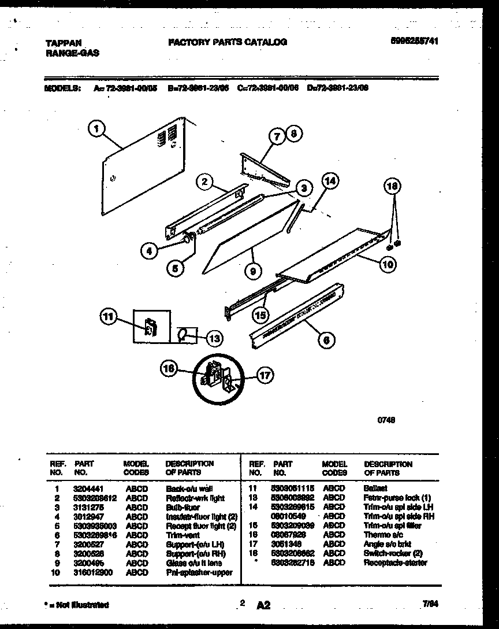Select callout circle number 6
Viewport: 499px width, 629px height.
(326, 341)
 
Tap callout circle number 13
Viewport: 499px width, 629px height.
(214, 338)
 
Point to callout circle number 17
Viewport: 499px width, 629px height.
(264, 376)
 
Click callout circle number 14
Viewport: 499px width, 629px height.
(329, 182)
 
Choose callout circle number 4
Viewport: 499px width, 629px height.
(150, 251)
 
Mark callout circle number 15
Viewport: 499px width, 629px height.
(261, 314)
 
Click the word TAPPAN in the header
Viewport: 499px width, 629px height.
(63, 42)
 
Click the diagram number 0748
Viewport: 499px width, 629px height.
(386, 421)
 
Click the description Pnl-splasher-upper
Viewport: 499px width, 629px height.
(199, 572)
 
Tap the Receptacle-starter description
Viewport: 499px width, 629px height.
(395, 563)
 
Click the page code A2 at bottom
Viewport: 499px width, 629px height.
(263, 605)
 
